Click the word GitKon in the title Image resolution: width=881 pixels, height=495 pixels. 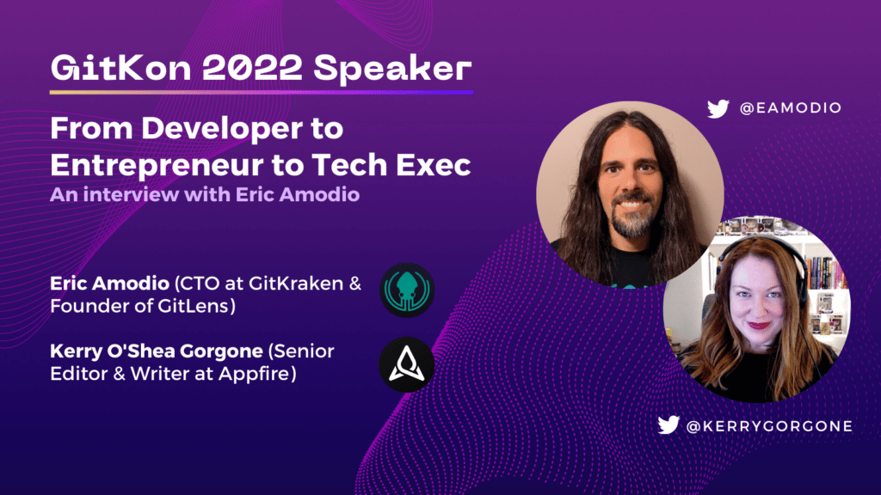121,69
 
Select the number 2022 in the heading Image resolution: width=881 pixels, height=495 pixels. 252,69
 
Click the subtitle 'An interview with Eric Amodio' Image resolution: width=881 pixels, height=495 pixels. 205,195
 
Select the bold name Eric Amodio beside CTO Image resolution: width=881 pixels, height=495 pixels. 109,284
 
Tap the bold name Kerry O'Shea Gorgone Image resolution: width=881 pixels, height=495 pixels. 157,351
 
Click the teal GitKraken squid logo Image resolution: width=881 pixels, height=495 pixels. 407,290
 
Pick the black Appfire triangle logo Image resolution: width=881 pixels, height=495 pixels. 407,364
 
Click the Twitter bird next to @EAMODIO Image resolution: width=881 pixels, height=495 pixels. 718,108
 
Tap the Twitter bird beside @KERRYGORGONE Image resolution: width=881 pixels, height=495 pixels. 668,425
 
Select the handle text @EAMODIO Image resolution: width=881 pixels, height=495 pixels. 791,107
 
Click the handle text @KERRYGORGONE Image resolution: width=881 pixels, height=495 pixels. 769,426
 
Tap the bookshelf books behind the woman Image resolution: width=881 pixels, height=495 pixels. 826,272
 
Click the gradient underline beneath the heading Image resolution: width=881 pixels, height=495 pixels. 262,92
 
